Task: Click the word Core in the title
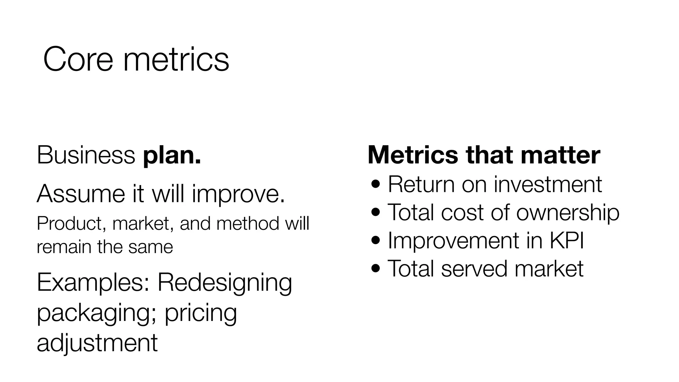[x=78, y=60]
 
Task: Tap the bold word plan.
[x=172, y=155]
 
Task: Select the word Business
[x=86, y=155]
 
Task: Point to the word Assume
[x=81, y=194]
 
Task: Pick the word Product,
[x=71, y=224]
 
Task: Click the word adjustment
[x=97, y=343]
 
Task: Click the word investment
[x=547, y=184]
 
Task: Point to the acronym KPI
[x=567, y=240]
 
